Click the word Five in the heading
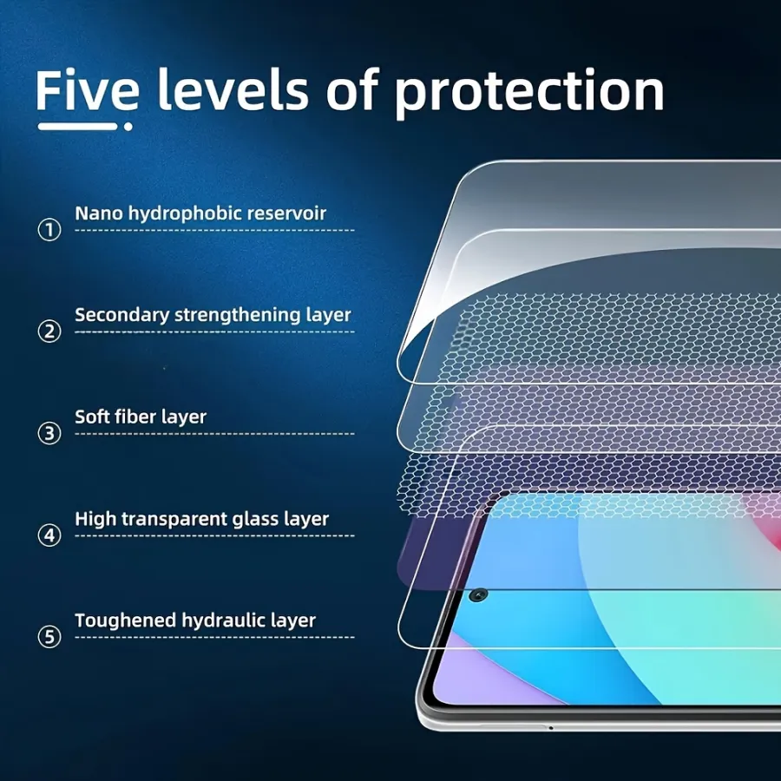[87, 90]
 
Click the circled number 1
[49, 230]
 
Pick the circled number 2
[49, 331]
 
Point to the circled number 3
[49, 433]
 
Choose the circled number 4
[49, 535]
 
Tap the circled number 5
[49, 637]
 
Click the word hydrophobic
[185, 213]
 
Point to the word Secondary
[122, 315]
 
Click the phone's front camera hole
[479, 594]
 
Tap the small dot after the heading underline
[128, 127]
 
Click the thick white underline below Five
[78, 127]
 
